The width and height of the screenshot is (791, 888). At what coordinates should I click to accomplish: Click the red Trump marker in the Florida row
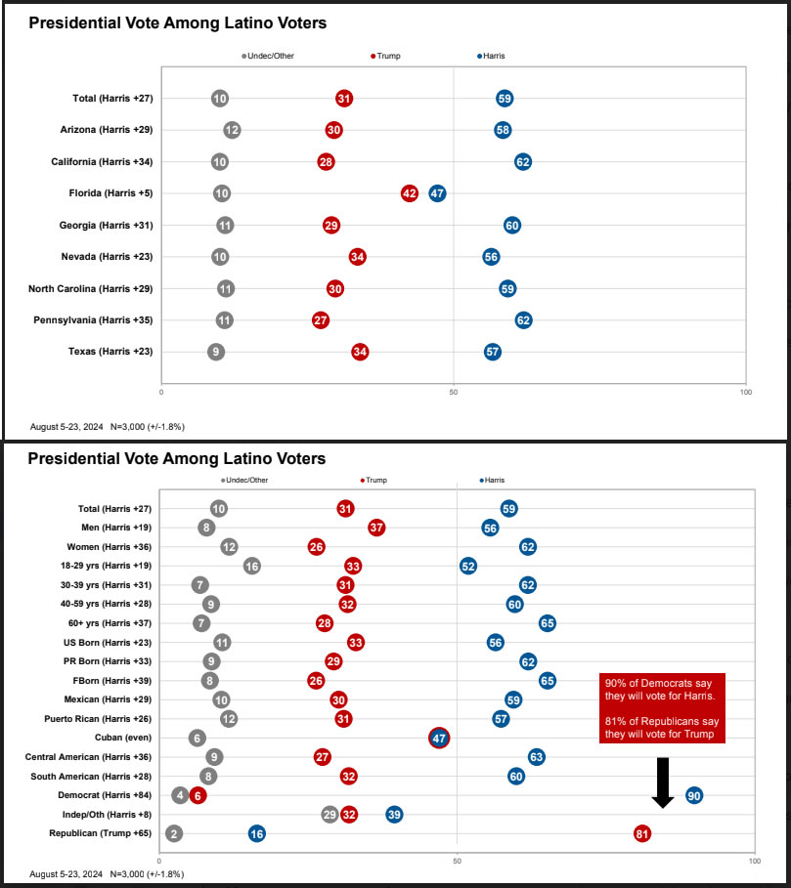pos(410,193)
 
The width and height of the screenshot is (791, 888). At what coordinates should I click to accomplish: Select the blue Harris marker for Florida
pos(437,193)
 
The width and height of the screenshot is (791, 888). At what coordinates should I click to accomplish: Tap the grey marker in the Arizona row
pos(232,130)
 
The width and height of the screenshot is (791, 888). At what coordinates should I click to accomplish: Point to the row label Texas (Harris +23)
pos(103,352)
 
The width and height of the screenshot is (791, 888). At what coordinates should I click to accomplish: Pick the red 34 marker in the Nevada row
pos(358,257)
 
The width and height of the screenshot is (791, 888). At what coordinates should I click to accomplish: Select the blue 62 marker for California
pos(523,161)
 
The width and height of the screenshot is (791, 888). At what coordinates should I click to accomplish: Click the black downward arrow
pos(663,782)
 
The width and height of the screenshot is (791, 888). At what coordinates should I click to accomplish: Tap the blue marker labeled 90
pos(694,795)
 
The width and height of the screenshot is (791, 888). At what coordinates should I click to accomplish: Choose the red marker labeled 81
pos(642,833)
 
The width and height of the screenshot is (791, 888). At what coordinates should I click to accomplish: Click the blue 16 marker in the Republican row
pos(256,833)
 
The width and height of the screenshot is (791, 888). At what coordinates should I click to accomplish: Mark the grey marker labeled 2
pos(173,833)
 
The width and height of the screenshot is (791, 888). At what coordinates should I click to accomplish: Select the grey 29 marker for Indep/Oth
pos(330,815)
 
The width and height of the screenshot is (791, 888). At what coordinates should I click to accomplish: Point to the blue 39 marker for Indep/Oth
pos(394,815)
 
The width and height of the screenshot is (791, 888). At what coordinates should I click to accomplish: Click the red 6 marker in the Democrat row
pos(198,795)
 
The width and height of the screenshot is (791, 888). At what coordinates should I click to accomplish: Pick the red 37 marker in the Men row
pos(376,528)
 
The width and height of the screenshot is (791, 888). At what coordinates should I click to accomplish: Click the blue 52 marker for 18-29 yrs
pos(468,566)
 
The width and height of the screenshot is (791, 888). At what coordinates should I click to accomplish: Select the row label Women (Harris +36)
pos(110,547)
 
